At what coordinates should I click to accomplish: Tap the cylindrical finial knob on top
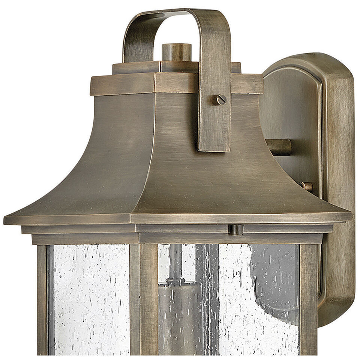tap(177, 52)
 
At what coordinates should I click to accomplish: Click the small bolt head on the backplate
tap(307, 186)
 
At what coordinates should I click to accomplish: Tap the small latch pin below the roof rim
tap(235, 229)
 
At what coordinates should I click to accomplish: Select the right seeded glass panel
tap(259, 300)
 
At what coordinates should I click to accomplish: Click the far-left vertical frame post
tap(42, 300)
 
